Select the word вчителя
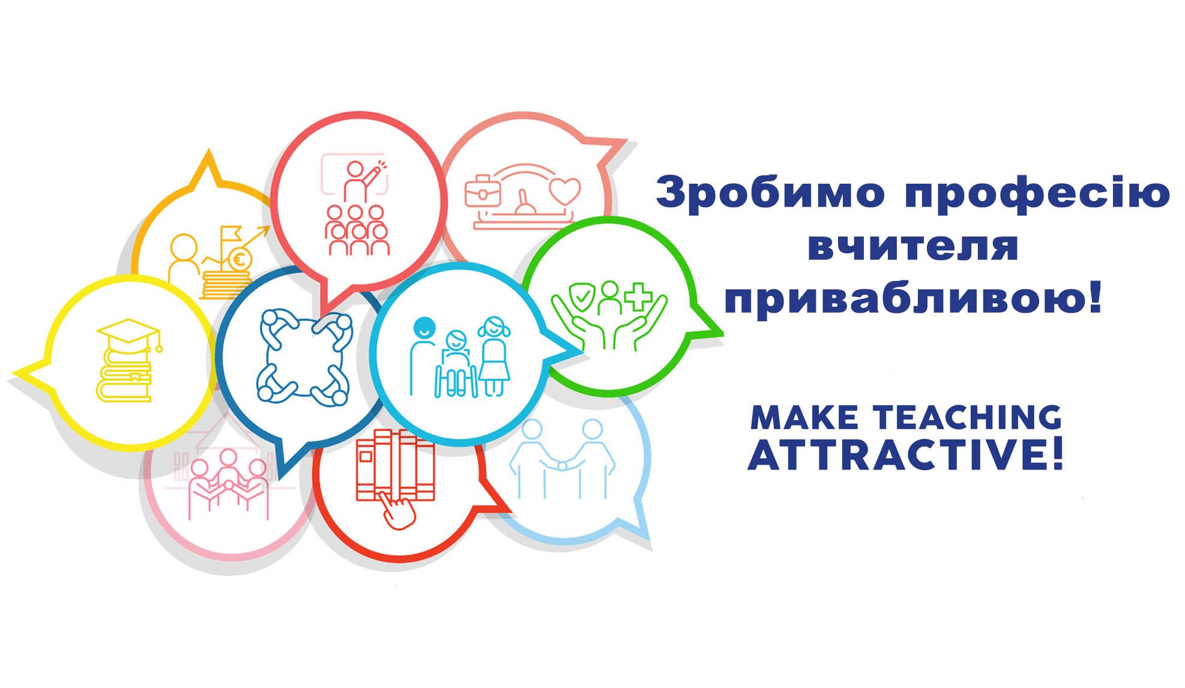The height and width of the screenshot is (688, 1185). point(913,246)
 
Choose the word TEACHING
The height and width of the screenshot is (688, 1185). point(967,417)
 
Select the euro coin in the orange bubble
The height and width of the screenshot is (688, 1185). point(240,260)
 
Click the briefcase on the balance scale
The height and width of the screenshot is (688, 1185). point(483,190)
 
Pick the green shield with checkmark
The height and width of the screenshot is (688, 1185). point(582,296)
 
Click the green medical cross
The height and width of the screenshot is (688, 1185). point(638,297)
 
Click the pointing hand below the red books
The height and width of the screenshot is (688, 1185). point(397,510)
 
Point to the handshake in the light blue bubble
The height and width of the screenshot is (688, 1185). point(562,465)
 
